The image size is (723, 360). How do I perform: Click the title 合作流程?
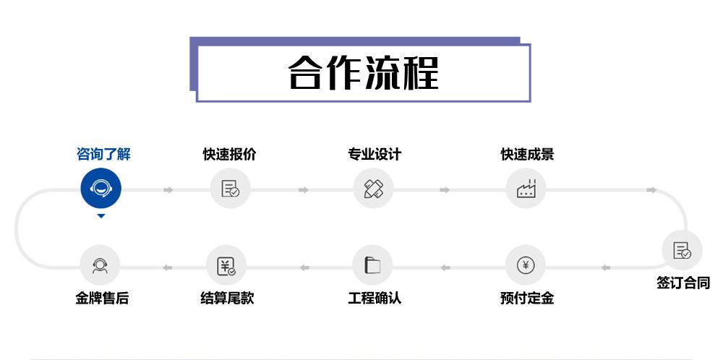363,72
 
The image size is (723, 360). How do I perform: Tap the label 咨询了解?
103,154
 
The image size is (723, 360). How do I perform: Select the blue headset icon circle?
100,189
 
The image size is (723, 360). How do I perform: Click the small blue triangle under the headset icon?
101,216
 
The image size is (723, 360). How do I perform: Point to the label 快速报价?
229,154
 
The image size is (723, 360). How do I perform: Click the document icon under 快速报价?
230,189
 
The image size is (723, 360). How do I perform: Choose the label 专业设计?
374,154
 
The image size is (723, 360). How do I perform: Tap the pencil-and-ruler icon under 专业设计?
373,189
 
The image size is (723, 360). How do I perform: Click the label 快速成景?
527,154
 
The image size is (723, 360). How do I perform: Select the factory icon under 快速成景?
526,189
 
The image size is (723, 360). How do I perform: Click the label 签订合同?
683,283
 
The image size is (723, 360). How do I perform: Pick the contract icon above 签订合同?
682,250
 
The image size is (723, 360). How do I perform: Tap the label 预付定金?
526,298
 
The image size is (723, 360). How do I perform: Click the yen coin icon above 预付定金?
526,265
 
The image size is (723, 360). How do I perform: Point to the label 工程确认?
374,298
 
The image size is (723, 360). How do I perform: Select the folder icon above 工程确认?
372,265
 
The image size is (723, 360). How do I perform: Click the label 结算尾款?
227,298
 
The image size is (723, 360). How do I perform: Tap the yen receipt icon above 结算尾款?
226,266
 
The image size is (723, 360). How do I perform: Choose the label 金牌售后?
102,298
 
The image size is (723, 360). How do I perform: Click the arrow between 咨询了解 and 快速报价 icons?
168,190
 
